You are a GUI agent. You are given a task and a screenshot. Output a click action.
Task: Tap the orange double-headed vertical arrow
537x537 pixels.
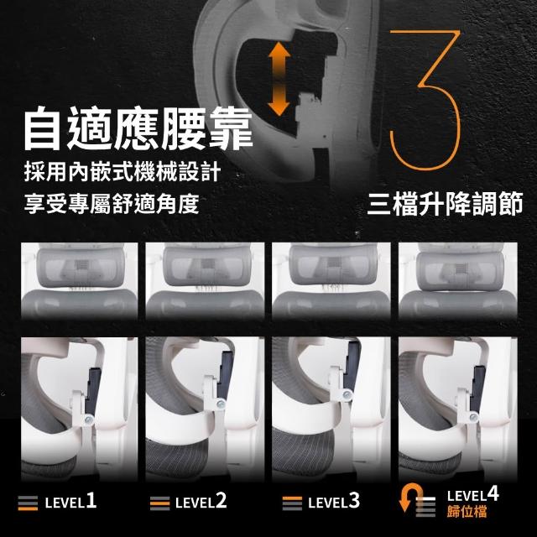(279, 79)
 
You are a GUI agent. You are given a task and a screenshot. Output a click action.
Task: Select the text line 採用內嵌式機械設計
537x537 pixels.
(123, 172)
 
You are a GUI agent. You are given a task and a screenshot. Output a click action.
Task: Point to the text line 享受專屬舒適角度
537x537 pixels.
(112, 203)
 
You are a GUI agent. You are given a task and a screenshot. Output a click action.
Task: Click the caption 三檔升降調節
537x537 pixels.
(445, 205)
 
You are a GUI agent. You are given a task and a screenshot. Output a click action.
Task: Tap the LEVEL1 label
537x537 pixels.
(70, 502)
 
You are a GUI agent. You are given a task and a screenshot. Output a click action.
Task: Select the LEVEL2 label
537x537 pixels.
(201, 502)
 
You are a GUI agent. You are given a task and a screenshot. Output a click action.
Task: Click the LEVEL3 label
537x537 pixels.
(334, 502)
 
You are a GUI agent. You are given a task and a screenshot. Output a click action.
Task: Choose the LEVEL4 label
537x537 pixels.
(473, 495)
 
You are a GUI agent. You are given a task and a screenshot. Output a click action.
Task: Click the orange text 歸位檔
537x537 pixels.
(467, 512)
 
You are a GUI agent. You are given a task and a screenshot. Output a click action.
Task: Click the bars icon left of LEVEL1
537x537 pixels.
(28, 503)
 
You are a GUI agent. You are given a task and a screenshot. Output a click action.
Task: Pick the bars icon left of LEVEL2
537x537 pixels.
(160, 503)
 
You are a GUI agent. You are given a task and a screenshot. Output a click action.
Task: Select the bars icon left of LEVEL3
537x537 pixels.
(292, 503)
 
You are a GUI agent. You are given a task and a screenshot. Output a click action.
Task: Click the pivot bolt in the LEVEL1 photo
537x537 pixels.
(89, 419)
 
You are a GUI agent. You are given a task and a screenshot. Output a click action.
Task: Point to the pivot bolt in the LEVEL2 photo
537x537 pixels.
(221, 404)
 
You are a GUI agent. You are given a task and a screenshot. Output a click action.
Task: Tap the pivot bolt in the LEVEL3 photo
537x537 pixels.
(347, 395)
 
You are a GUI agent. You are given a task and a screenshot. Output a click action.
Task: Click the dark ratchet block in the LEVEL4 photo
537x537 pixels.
(478, 388)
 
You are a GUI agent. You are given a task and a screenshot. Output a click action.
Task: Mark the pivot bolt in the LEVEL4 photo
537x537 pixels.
(473, 417)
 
